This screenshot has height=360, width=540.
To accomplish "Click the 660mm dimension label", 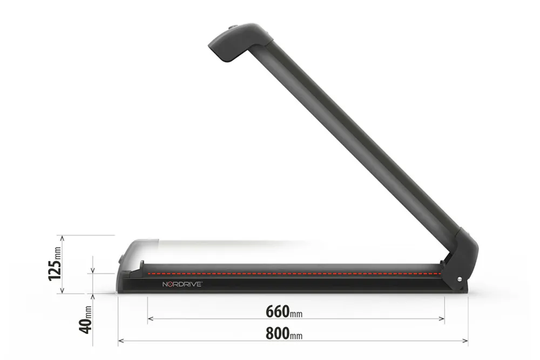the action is point(284,312).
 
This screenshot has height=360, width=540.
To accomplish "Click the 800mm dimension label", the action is point(284,334).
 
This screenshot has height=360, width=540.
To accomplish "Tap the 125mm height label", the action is point(55,263).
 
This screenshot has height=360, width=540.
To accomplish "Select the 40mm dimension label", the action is point(86,320).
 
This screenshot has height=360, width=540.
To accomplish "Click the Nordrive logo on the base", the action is point(182,284).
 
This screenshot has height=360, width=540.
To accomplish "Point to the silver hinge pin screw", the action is point(460,280).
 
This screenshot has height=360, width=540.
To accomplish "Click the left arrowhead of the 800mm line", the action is point(120,341).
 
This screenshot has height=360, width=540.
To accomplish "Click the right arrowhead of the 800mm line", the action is point(465,341).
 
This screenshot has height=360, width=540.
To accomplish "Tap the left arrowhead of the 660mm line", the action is point(150,319).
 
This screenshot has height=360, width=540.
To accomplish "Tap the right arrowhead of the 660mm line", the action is point(442,319).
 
